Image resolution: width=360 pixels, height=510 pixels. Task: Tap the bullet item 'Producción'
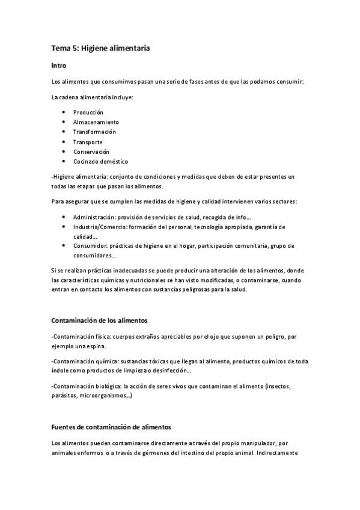tap(88, 112)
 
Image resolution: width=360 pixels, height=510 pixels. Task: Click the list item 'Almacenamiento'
tap(96, 122)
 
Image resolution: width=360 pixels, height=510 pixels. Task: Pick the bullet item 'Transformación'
tap(94, 132)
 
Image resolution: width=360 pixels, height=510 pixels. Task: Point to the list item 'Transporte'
tap(88, 142)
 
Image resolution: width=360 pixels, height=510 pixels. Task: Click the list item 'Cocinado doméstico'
tap(100, 161)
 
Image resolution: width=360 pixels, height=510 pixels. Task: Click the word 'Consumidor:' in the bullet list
tap(90, 246)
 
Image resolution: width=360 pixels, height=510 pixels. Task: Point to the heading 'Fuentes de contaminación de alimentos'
tap(111, 427)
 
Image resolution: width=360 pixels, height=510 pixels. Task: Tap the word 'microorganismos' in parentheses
tap(106, 396)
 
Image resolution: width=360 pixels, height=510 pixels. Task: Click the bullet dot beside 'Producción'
tap(64, 112)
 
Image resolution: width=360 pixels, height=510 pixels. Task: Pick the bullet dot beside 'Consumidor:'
tap(64, 246)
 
